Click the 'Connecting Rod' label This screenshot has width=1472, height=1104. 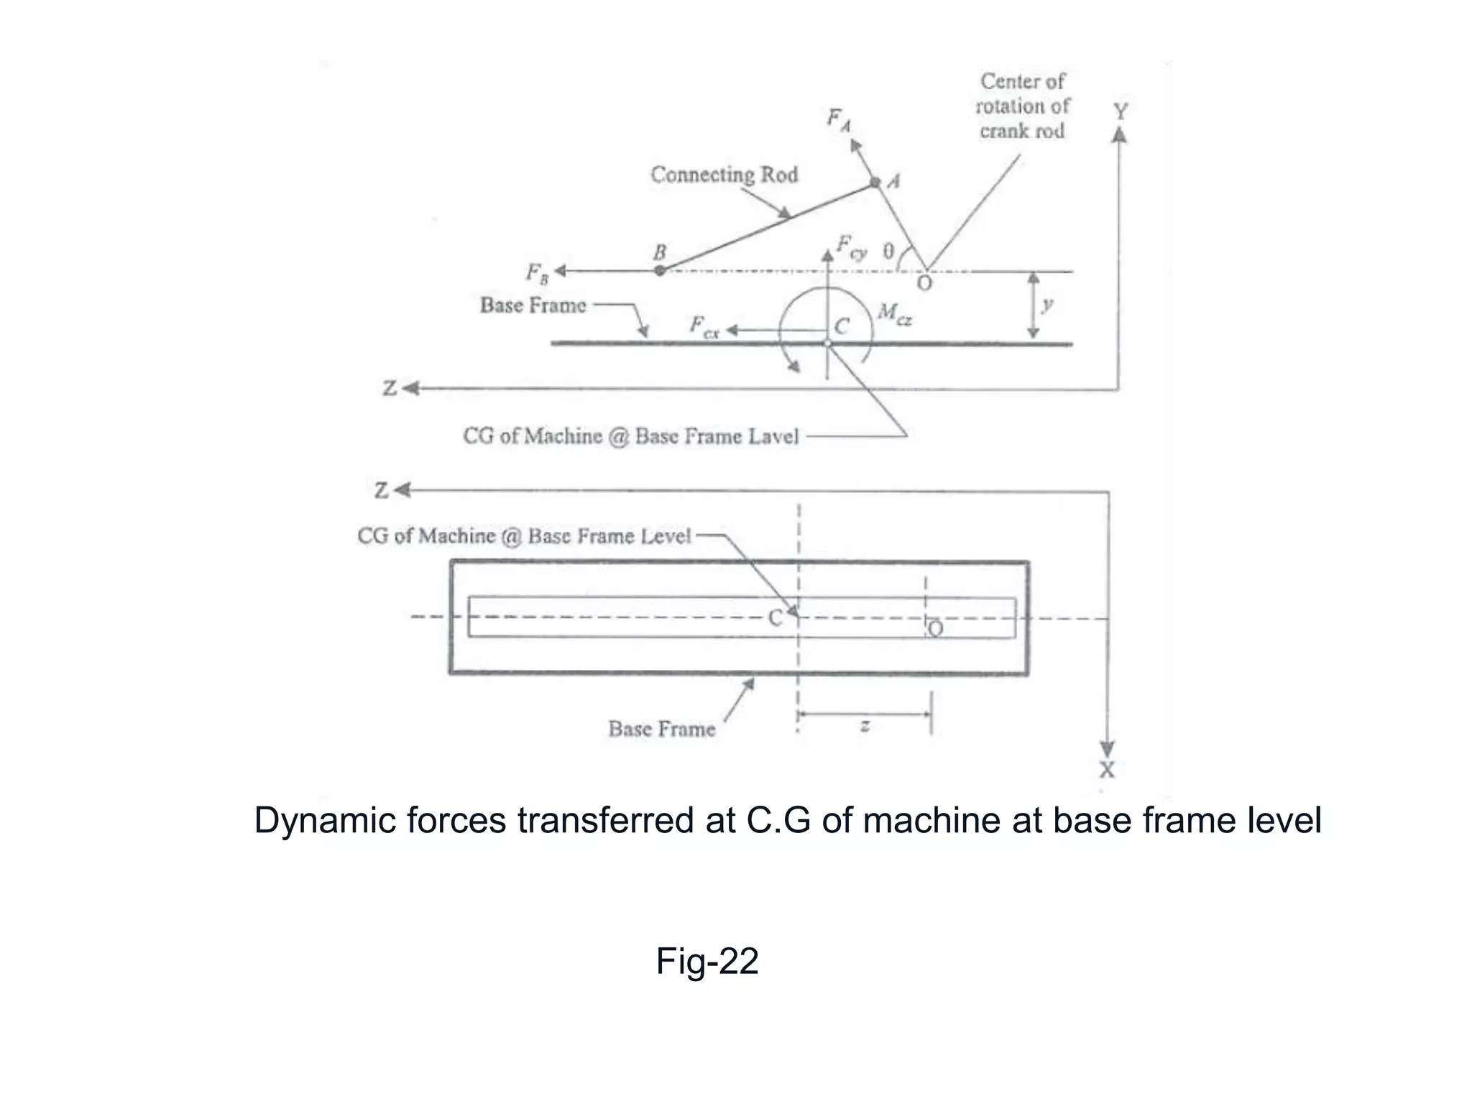point(724,175)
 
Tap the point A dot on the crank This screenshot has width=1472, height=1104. point(875,183)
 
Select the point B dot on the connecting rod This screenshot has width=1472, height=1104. point(660,271)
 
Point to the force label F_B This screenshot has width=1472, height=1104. point(536,273)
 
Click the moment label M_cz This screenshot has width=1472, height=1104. point(895,313)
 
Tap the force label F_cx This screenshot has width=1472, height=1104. point(704,327)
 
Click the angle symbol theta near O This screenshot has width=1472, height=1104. point(888,251)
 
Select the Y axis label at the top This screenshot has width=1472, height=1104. point(1120,111)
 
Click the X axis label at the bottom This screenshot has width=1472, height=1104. point(1107,770)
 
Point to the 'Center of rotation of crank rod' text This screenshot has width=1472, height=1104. point(1022,106)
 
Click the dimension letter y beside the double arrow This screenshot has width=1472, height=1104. point(1047,305)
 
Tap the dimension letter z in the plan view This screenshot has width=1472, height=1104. point(865,726)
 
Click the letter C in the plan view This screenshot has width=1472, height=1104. point(775,617)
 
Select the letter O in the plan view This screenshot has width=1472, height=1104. point(935,629)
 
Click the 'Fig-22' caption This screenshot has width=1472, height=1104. point(707,961)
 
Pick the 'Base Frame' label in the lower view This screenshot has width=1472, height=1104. point(661,729)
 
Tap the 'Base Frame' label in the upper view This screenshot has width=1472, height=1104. point(533,305)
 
